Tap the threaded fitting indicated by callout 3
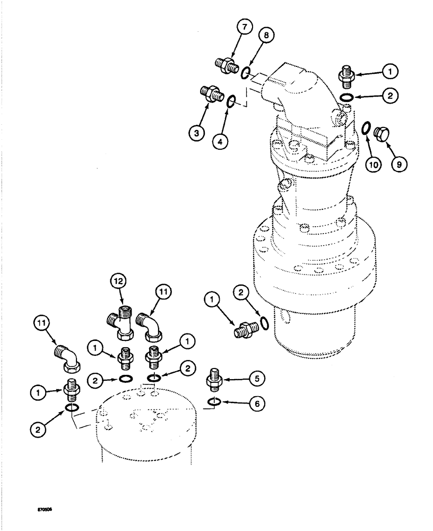pyautogui.click(x=209, y=93)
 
